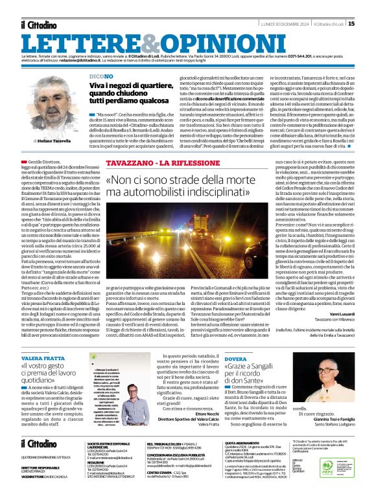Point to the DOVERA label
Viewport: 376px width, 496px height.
pos(236,357)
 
